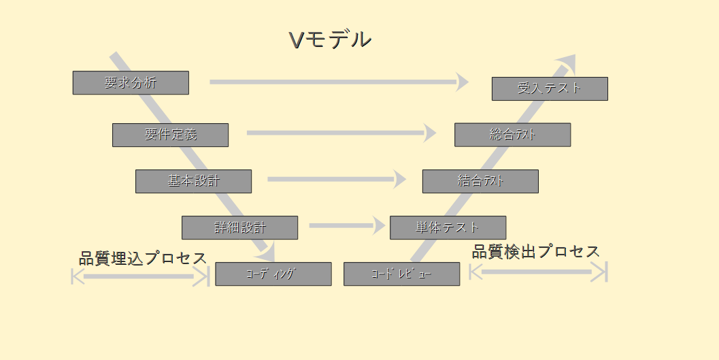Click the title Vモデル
(x=330, y=40)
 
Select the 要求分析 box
(x=131, y=83)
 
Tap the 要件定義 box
(x=170, y=135)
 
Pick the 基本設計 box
(x=193, y=181)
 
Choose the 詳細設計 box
(x=239, y=227)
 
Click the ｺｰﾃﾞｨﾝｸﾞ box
(x=273, y=274)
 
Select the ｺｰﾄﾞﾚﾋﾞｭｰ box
(x=401, y=274)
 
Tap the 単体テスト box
(x=448, y=227)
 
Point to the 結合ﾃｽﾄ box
(x=480, y=181)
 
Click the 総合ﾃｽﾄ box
(x=512, y=135)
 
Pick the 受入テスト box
(x=550, y=88)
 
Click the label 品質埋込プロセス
(x=142, y=259)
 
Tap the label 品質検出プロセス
(x=536, y=251)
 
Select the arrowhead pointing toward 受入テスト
(x=463, y=82)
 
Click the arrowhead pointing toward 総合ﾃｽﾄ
(x=430, y=133)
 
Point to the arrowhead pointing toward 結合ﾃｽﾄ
(x=400, y=180)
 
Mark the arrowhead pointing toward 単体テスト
(x=379, y=225)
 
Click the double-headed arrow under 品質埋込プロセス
(x=139, y=276)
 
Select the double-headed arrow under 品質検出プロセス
(x=537, y=272)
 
